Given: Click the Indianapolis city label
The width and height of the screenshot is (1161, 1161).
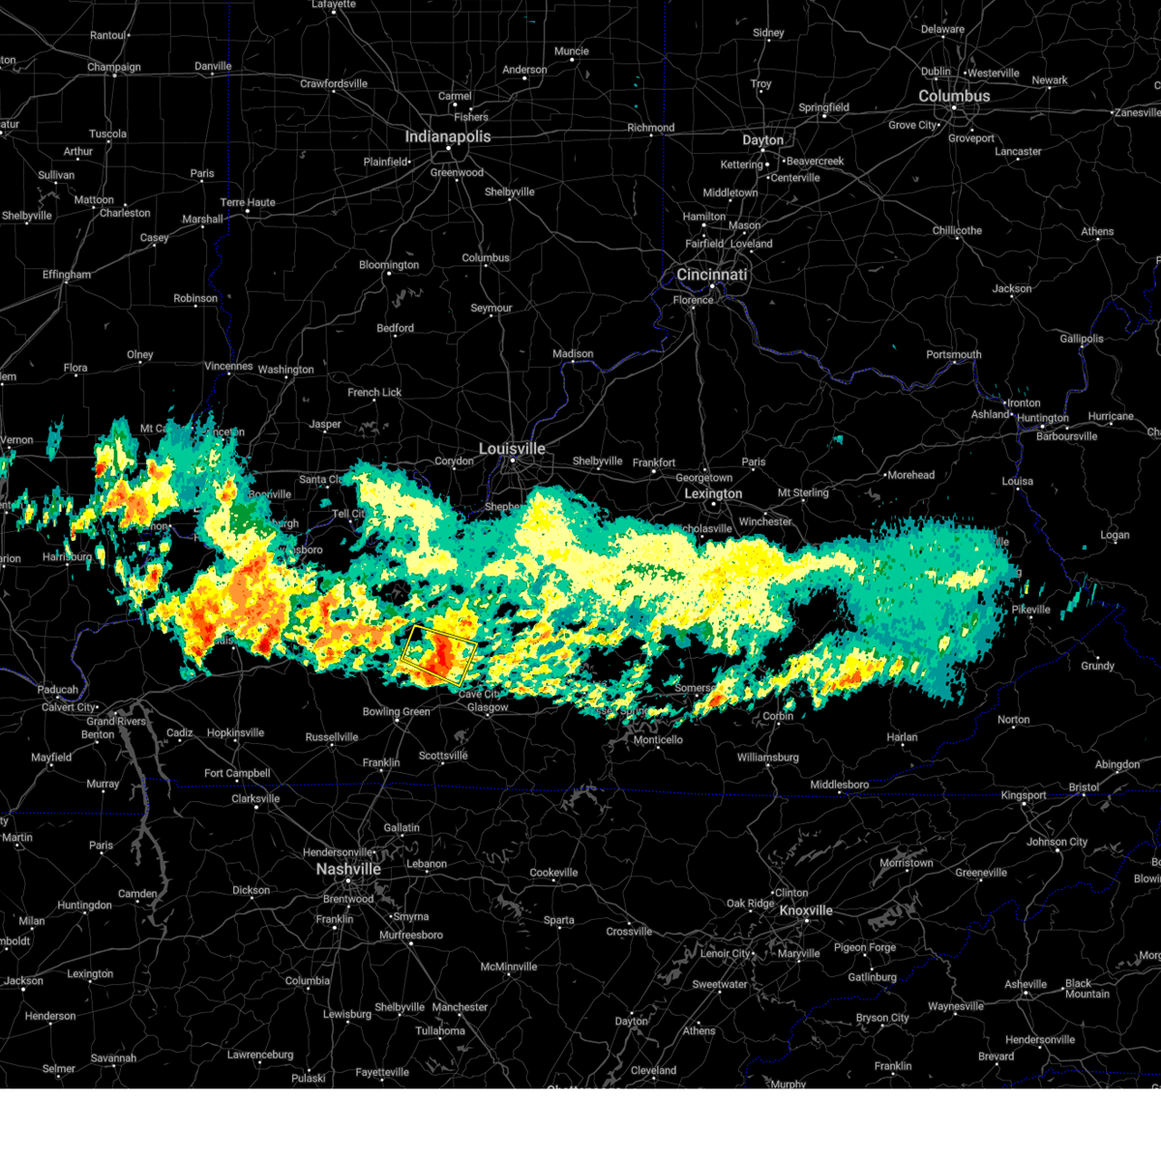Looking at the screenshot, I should (447, 136).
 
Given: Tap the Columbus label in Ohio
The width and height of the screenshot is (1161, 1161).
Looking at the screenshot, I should (954, 97).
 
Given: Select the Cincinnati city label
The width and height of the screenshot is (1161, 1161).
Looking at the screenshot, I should (711, 275).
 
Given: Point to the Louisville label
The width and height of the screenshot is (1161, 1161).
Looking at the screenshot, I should (512, 449).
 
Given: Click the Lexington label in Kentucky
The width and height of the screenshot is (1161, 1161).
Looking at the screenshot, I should (713, 493).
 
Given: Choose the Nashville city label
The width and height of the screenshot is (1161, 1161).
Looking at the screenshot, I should (348, 869).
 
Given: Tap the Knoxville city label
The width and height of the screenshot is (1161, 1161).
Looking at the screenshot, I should (806, 910).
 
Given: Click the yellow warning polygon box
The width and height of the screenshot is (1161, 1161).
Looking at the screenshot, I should (438, 655).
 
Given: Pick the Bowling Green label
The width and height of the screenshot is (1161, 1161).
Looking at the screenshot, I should (396, 712).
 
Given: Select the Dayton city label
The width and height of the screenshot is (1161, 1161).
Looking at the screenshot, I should (762, 140).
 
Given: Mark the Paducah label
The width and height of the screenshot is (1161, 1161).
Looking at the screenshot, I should (57, 690).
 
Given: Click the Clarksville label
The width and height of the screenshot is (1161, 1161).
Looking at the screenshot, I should (255, 798).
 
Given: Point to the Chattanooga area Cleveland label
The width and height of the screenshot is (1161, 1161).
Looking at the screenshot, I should (653, 1070).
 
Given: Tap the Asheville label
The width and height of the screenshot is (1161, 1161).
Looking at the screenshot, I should (1025, 984).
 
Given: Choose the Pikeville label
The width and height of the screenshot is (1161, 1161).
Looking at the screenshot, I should (1030, 610).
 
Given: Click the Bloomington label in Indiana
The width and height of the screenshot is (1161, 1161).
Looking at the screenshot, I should (389, 265).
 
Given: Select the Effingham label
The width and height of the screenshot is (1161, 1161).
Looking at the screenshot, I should (66, 275).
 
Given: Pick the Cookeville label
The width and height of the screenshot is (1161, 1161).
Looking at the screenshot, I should (553, 873).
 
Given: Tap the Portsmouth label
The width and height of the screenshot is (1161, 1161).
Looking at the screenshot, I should (953, 354).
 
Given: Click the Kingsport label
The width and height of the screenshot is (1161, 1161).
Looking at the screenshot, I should (1024, 795).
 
